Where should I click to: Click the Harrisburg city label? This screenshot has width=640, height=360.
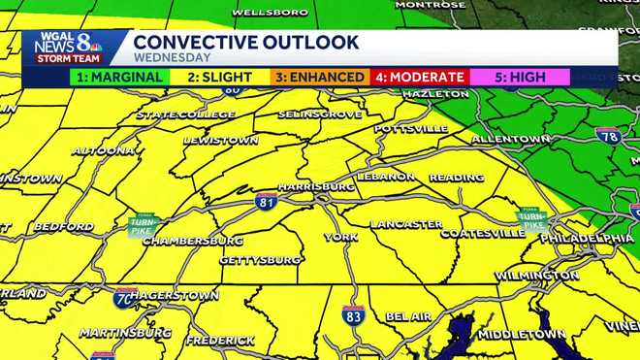point(316,185)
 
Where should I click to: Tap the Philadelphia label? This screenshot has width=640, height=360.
point(588,238)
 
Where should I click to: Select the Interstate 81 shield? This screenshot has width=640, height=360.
point(268,202)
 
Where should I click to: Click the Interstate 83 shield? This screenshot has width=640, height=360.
point(353,314)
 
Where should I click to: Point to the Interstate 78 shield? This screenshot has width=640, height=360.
point(608,136)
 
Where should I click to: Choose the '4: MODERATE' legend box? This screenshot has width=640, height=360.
point(420,77)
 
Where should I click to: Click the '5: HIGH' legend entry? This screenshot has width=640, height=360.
point(520,77)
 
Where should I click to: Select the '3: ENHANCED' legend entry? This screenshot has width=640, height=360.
point(320,77)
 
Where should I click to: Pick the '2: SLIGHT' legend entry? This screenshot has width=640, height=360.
point(220,77)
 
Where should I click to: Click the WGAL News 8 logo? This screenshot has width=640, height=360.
point(64,47)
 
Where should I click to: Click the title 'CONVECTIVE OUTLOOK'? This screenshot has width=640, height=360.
point(246,43)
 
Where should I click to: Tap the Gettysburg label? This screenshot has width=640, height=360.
point(260,260)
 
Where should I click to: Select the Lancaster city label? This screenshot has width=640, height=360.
point(406,224)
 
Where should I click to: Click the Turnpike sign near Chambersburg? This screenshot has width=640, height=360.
point(143,225)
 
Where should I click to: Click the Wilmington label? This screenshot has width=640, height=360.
point(536,276)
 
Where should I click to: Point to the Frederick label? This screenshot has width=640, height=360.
point(220,341)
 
